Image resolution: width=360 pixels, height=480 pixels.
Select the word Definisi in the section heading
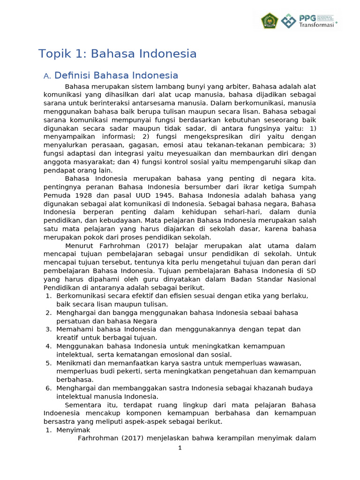[x=72, y=75]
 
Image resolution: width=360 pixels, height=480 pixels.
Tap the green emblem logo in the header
[x=270, y=21]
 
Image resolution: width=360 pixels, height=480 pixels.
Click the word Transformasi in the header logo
[x=316, y=25]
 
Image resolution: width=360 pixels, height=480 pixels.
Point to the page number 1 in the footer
[x=180, y=448]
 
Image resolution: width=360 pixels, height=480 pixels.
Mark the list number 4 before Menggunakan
[x=48, y=346]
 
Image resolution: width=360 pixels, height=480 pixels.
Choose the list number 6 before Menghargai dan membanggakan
[x=48, y=388]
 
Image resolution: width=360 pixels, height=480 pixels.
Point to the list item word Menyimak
[x=73, y=430]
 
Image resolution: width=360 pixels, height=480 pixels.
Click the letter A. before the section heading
[x=46, y=76]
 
